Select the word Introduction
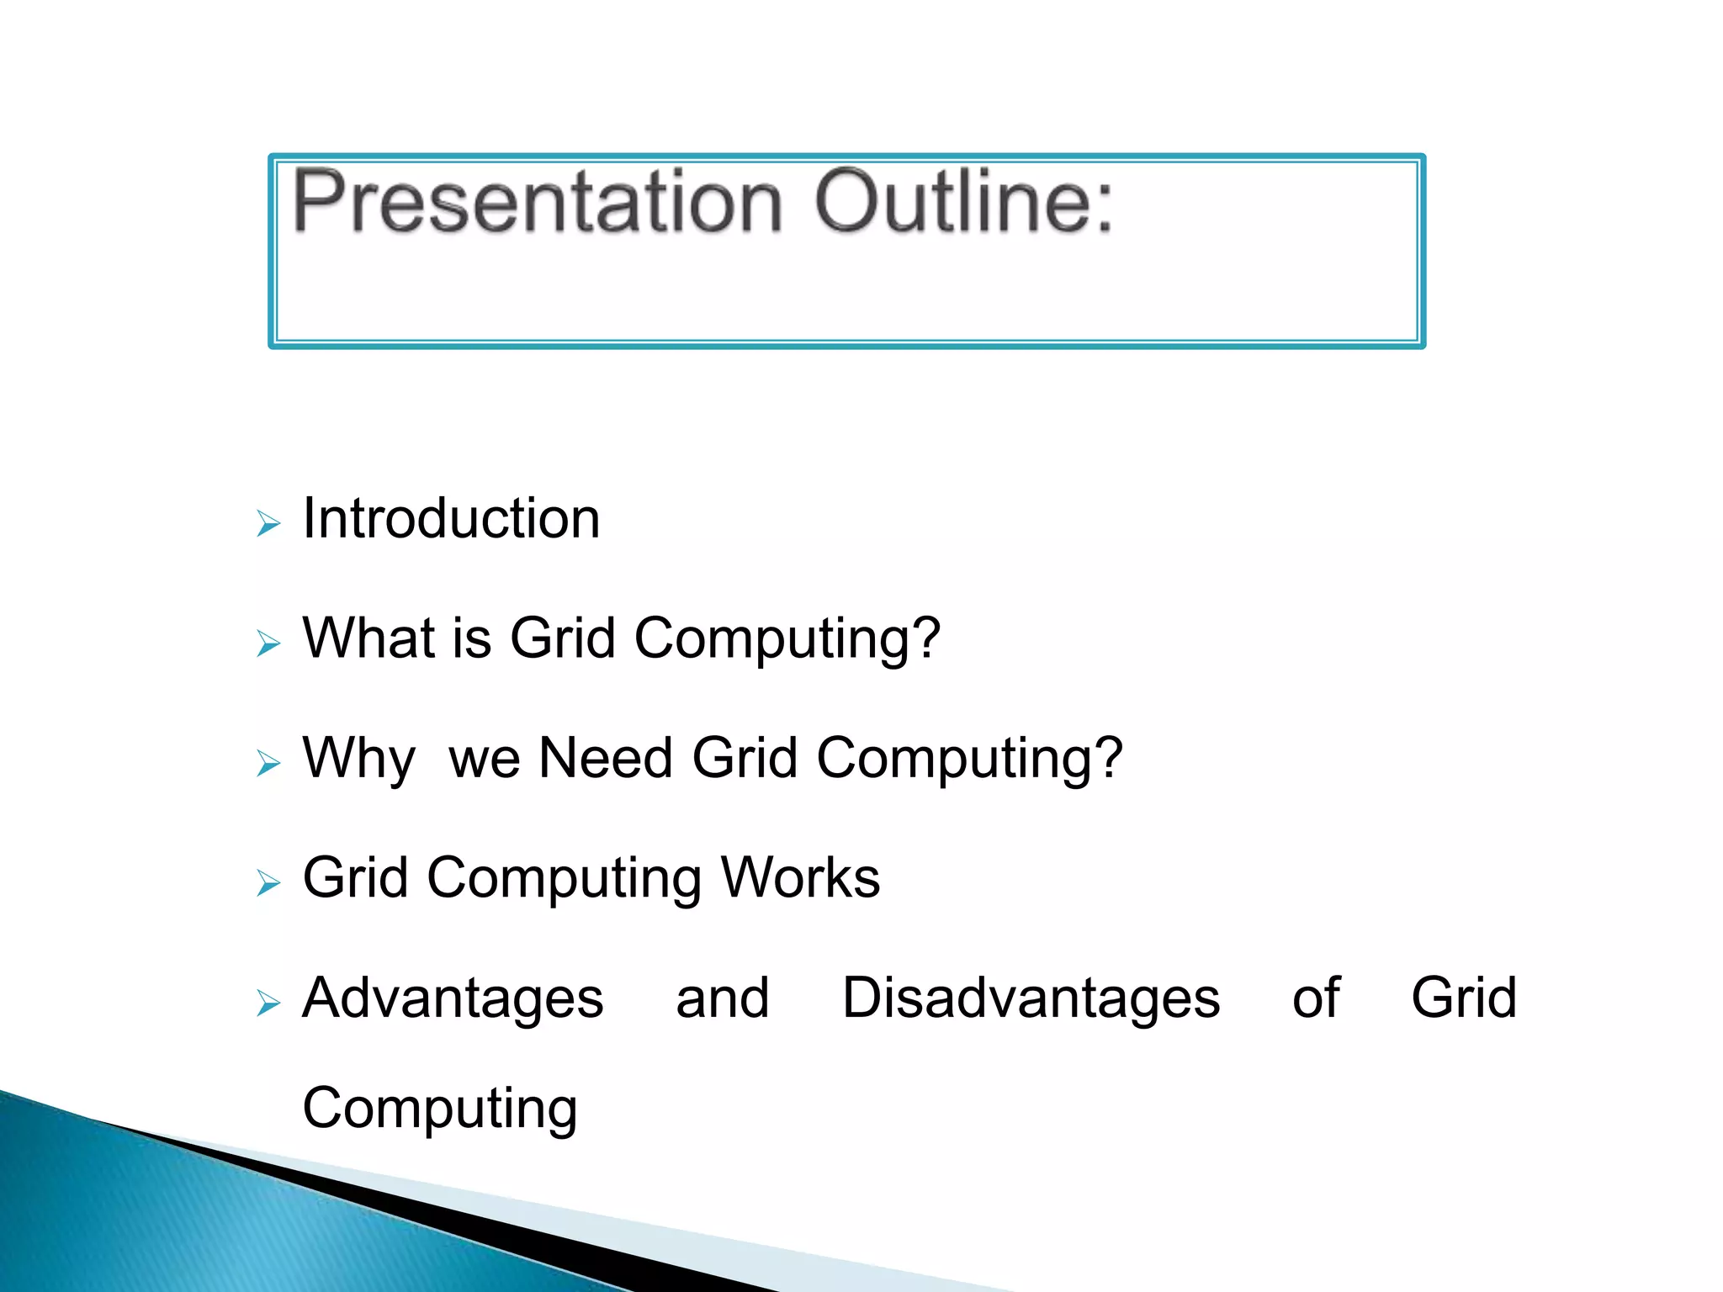451,518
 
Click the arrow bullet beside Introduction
268,524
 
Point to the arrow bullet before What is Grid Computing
268,644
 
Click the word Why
358,759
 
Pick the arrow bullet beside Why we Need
268,764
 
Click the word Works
800,878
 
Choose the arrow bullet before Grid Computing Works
268,884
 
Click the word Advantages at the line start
453,999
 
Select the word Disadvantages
1031,998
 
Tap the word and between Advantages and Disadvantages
723,998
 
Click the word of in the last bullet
1315,998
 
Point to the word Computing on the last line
439,1109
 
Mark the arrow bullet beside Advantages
268,1003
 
